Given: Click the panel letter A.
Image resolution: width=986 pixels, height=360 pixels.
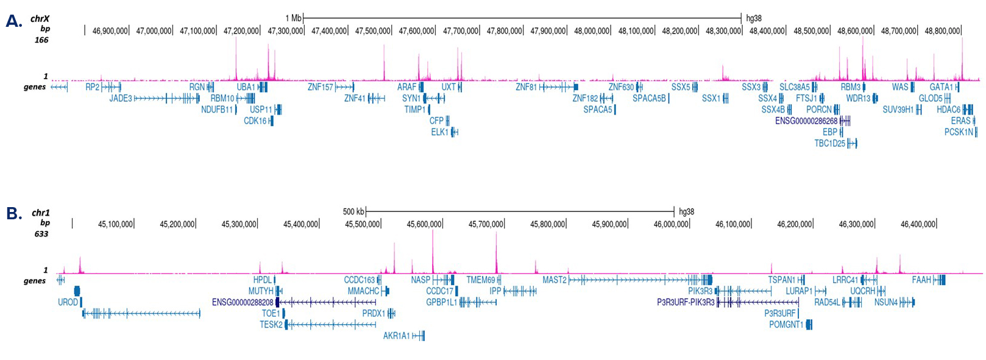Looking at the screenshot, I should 13,21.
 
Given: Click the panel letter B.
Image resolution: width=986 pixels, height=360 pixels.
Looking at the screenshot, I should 13,213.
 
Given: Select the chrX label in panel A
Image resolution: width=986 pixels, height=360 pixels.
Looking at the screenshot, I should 40,19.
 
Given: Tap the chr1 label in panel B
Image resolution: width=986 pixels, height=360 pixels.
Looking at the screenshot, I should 41,213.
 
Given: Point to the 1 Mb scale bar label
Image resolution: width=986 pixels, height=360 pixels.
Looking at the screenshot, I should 293,18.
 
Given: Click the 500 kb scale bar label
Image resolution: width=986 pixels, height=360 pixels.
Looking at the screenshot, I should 353,211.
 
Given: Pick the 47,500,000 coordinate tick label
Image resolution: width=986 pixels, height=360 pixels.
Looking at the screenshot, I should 373,30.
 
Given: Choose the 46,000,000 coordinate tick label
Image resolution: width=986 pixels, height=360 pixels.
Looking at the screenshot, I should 672,224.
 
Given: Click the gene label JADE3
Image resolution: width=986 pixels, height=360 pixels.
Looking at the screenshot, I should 121,98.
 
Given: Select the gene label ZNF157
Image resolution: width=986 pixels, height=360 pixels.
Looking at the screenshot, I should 321,87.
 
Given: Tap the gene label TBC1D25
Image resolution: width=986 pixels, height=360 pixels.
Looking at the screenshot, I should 830,143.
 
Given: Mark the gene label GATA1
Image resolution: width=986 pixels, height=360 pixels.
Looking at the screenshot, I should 941,87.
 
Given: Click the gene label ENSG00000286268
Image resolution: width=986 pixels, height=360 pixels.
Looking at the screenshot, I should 806,121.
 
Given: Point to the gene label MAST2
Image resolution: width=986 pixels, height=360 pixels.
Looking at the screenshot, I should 555,280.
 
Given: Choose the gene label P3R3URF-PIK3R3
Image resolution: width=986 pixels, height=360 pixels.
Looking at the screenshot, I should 686,302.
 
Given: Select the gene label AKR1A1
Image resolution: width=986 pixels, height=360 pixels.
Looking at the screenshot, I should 397,336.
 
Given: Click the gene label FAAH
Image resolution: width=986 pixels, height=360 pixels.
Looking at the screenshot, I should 921,280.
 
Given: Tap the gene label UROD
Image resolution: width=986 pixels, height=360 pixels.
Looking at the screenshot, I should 68,302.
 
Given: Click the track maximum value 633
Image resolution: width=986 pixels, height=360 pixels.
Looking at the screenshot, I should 41,234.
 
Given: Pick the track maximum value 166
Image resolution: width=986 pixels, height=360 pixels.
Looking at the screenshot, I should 41,40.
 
